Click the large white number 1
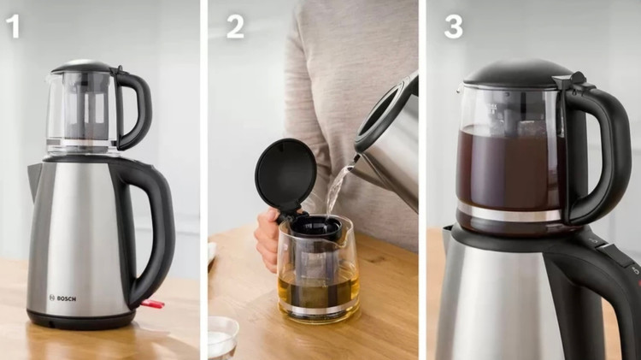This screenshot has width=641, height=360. [x=13, y=27]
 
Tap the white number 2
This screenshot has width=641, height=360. [x=235, y=27]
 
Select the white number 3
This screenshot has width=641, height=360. [x=454, y=27]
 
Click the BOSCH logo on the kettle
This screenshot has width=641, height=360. [x=62, y=298]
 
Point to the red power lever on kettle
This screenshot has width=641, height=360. [x=153, y=304]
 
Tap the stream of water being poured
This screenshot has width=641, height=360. [x=338, y=187]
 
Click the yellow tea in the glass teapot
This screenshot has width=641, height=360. [x=319, y=288]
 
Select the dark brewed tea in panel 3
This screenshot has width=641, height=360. [x=511, y=168]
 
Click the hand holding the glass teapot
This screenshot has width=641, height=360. [x=268, y=239]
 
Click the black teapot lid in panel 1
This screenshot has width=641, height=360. [x=82, y=67]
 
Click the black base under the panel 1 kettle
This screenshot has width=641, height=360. [x=81, y=320]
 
